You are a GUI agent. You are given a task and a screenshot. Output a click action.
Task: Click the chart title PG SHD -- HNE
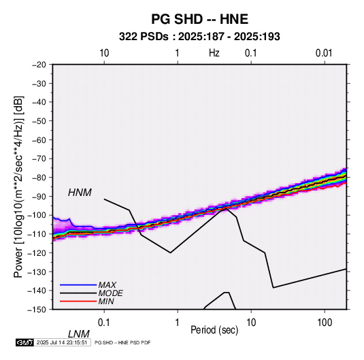click(199, 19)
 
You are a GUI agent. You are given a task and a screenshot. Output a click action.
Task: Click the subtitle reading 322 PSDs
click(144, 37)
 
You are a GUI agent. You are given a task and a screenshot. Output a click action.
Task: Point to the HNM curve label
click(80, 193)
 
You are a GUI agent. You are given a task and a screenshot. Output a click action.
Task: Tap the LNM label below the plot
click(79, 334)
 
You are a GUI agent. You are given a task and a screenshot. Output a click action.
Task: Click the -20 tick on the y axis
click(39, 65)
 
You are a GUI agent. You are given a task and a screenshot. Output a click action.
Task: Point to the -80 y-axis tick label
click(39, 178)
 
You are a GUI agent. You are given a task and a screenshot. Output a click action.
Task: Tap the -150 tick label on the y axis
click(37, 310)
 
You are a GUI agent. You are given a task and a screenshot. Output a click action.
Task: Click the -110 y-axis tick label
click(37, 234)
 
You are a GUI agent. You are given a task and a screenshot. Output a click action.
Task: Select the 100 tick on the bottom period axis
click(325, 323)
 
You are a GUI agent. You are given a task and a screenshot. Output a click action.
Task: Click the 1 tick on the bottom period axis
click(178, 323)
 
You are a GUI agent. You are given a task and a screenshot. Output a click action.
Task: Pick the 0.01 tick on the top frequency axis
click(324, 53)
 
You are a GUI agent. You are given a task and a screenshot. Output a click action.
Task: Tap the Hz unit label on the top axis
click(214, 53)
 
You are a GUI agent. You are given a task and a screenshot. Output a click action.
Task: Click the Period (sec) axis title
click(214, 330)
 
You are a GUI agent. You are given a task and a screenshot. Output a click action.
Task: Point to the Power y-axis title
click(18, 186)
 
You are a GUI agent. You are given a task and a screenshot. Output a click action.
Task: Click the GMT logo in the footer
click(24, 342)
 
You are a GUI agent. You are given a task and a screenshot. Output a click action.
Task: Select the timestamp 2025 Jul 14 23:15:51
click(62, 342)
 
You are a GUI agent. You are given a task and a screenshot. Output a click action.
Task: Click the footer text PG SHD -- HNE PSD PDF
click(122, 342)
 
